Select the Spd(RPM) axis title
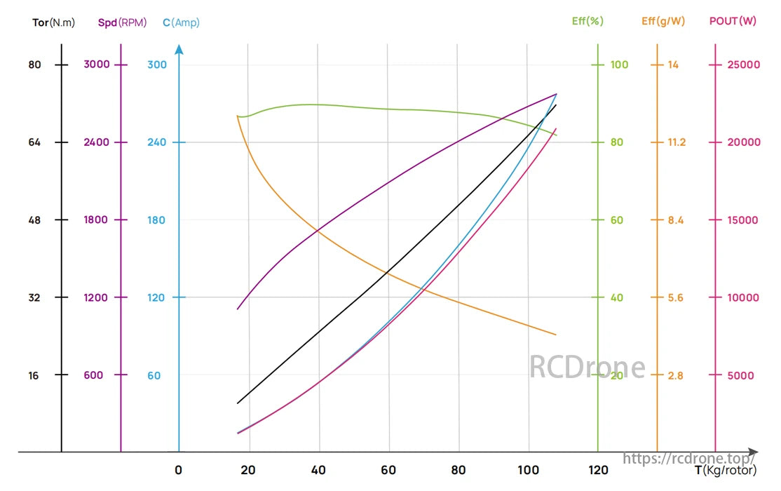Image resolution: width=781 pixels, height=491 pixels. click(x=123, y=22)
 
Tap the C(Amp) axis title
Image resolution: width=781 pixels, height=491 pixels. click(x=181, y=22)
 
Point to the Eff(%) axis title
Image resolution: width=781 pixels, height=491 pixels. click(x=588, y=21)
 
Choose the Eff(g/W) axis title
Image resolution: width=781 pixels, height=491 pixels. click(x=663, y=21)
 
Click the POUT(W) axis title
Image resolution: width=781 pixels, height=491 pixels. click(x=733, y=21)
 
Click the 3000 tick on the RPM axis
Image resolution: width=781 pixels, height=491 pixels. click(x=97, y=65)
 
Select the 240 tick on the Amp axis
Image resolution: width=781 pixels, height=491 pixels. click(x=157, y=142)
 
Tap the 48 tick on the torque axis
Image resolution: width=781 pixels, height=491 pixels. click(x=35, y=220)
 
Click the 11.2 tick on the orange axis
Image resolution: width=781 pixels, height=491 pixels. click(x=677, y=142)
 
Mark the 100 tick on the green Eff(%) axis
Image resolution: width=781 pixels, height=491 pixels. click(x=619, y=65)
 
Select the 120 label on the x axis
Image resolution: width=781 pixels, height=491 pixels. click(x=597, y=470)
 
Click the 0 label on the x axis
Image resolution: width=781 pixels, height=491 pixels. click(x=179, y=470)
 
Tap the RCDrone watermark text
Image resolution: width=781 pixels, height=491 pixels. click(x=587, y=368)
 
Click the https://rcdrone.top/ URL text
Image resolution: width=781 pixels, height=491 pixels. click(x=689, y=458)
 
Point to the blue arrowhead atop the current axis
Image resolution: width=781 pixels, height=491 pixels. click(x=179, y=50)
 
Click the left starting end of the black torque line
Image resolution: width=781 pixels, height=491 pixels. click(x=238, y=403)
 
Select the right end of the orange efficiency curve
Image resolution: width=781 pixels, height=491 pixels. click(x=556, y=335)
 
